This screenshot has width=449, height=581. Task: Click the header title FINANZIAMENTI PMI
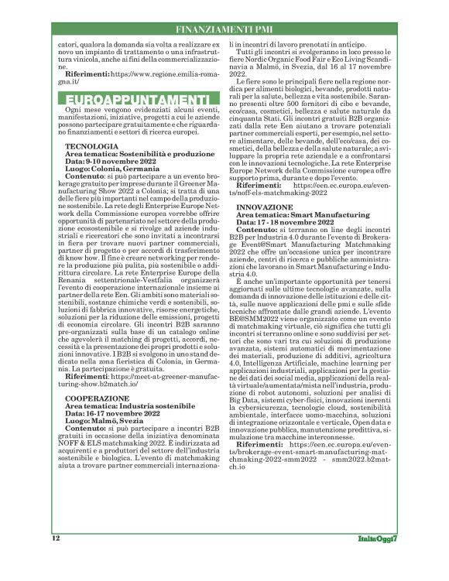(x=224, y=29)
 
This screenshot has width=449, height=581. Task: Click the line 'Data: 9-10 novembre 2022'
(x=111, y=161)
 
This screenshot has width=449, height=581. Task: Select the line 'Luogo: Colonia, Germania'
(x=113, y=168)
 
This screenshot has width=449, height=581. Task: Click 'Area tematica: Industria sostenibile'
(x=126, y=405)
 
